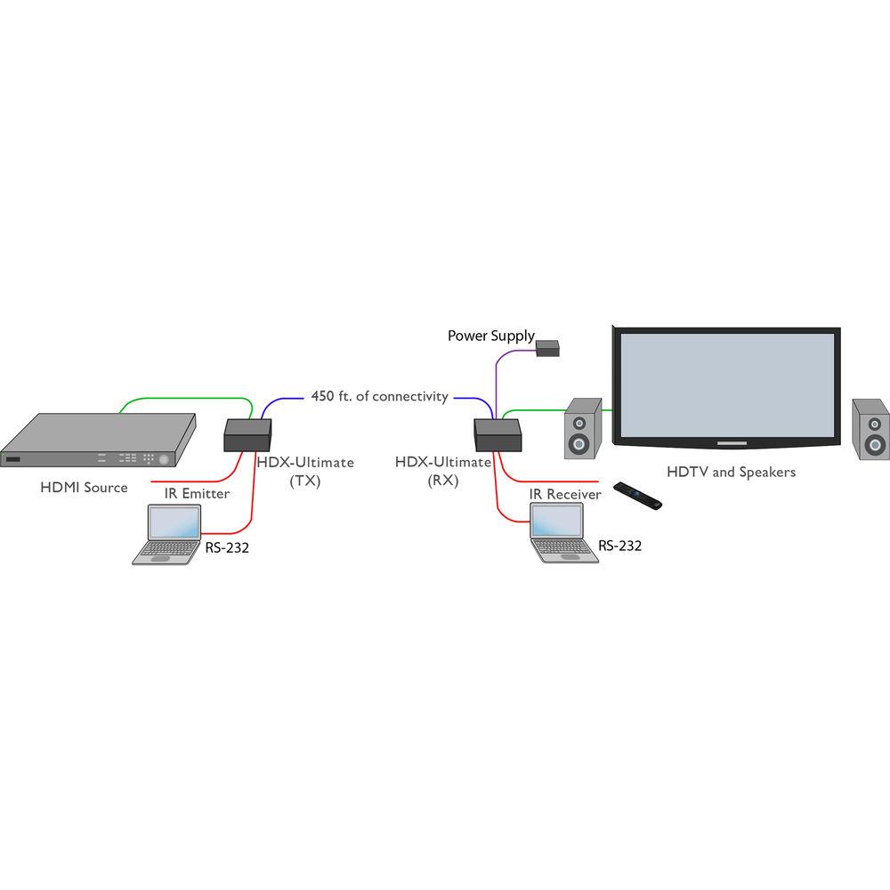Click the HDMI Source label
coord(84,487)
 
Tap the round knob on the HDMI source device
coord(164,460)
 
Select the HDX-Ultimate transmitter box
coord(247,434)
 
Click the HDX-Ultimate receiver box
coord(498,434)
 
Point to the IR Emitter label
coord(197,492)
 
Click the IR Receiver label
coord(565,493)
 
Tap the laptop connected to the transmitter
coord(168,533)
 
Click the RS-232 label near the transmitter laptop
coord(227,547)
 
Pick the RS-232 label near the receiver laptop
coord(619,546)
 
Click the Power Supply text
coord(490,336)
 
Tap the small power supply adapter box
coord(547,349)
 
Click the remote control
coord(639,495)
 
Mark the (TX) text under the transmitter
coord(305,481)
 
